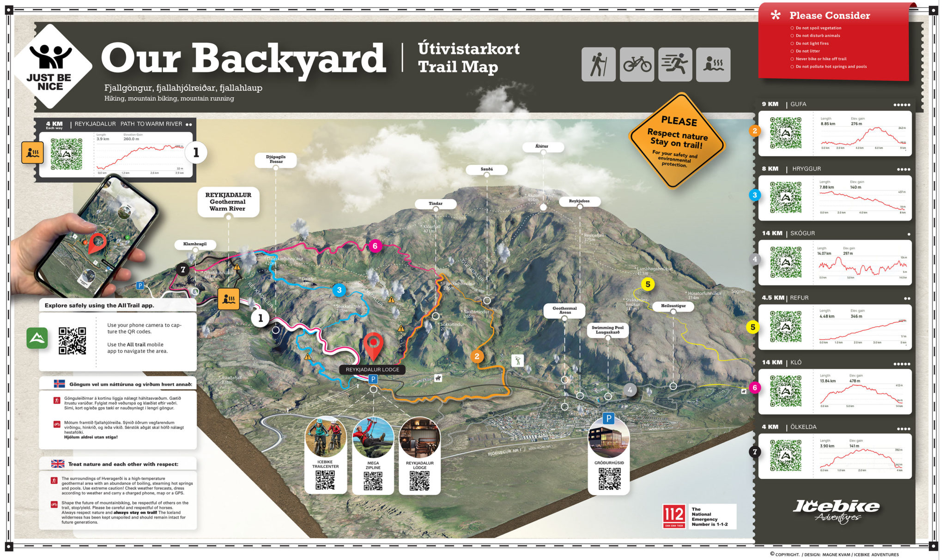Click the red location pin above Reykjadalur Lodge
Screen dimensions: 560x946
pyautogui.click(x=373, y=344)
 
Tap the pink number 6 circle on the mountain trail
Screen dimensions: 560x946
pyautogui.click(x=375, y=246)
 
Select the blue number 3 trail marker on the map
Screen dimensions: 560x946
pyautogui.click(x=339, y=290)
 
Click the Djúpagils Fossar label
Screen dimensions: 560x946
pyautogui.click(x=276, y=159)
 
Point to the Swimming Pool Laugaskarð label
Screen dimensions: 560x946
pyautogui.click(x=607, y=330)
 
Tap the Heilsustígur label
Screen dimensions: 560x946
pyautogui.click(x=673, y=306)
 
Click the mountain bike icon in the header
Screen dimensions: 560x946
pyautogui.click(x=637, y=65)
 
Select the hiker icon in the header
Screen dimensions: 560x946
pyautogui.click(x=599, y=65)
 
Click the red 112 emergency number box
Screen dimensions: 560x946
pyautogui.click(x=674, y=516)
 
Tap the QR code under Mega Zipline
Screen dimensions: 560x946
pyautogui.click(x=373, y=481)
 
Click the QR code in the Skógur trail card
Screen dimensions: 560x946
pyautogui.click(x=786, y=262)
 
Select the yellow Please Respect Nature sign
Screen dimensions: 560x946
pyautogui.click(x=677, y=140)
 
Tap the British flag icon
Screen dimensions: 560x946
pyautogui.click(x=58, y=464)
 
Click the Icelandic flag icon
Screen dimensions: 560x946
pyautogui.click(x=59, y=384)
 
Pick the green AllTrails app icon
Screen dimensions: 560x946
pyautogui.click(x=37, y=338)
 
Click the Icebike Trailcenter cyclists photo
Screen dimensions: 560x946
pyautogui.click(x=325, y=437)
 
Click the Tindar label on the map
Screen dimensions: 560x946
pyautogui.click(x=436, y=204)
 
